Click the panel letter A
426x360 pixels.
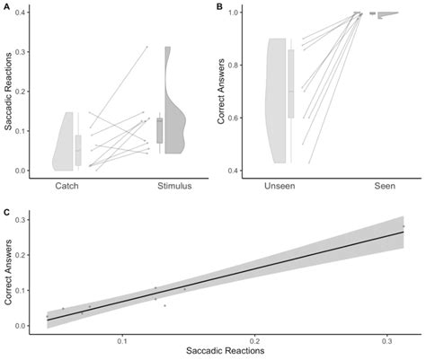tap(7, 6)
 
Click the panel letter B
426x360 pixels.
tap(220, 6)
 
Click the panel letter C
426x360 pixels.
tap(7, 213)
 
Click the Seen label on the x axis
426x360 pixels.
tap(387, 186)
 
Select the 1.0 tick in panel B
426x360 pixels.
tap(236, 13)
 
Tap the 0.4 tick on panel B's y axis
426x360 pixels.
tap(236, 171)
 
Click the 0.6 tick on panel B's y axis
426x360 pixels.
tap(236, 119)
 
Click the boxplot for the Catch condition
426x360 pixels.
tap(78, 149)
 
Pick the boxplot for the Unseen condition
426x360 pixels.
tap(291, 84)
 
